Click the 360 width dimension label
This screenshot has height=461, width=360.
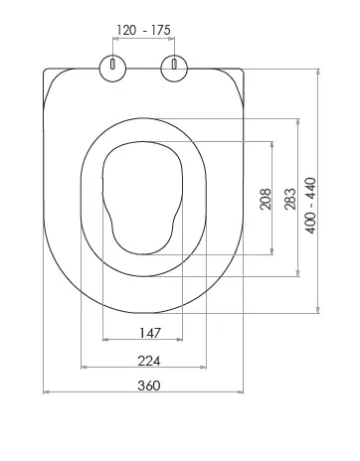tap(149, 385)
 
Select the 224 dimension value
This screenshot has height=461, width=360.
tap(149, 361)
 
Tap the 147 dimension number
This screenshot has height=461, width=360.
tap(150, 333)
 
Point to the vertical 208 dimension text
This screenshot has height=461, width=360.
tap(266, 199)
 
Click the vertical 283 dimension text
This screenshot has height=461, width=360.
tap(290, 199)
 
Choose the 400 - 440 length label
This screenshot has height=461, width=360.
tap(311, 206)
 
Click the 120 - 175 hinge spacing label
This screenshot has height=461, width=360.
tap(143, 30)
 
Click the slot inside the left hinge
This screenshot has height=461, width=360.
tap(112, 64)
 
